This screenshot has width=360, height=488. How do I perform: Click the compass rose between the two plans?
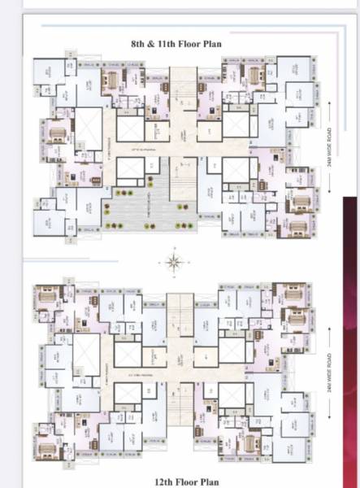tap(173, 262)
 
